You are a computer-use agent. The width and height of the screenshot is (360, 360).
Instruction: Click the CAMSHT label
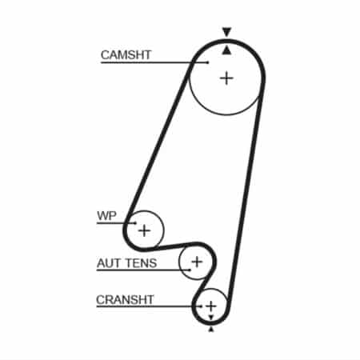pos(126,55)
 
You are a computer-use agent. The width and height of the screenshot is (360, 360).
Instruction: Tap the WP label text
pos(106,215)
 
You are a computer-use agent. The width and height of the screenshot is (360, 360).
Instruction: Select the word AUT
pos(105,263)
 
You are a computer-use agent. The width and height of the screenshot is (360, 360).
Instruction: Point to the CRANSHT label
pos(125,300)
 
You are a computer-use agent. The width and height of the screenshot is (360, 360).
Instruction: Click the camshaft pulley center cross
pos(226,78)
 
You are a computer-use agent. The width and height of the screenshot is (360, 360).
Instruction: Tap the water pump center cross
pos(144,230)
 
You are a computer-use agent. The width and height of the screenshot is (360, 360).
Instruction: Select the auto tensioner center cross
pos(197,262)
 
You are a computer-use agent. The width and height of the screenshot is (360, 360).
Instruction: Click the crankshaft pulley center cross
pos(211,306)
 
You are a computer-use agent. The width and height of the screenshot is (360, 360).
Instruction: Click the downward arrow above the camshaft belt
pos(226,32)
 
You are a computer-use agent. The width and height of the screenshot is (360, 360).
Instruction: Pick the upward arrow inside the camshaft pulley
pos(226,50)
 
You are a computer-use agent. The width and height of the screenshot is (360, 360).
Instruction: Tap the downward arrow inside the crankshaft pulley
pos(211,318)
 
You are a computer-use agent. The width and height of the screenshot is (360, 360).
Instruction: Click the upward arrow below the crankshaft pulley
pos(211,330)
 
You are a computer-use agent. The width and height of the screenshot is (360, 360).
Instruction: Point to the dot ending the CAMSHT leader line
pos(208,62)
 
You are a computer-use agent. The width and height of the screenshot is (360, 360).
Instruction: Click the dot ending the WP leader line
pos(135,223)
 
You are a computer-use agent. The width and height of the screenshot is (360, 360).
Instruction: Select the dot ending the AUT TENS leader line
pos(190,270)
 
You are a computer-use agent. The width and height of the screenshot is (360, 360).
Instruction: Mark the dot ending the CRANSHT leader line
pos(202,306)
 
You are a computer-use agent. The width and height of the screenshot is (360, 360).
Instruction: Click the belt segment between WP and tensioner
pos(174,246)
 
